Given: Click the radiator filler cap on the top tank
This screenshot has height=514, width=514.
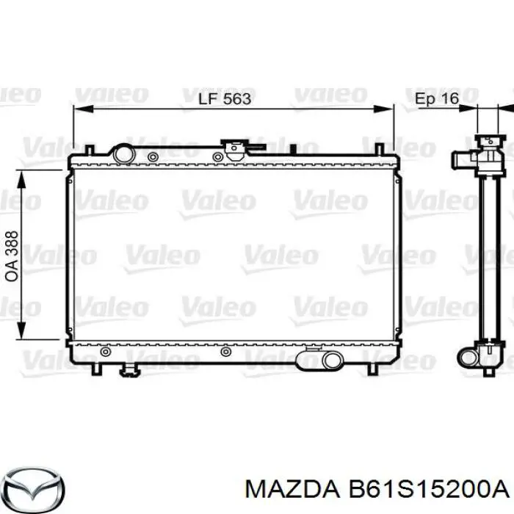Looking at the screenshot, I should [237, 150].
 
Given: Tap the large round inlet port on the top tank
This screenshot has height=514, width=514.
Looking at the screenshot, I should [122, 154].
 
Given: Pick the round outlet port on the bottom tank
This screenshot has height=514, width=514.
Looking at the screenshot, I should [331, 360].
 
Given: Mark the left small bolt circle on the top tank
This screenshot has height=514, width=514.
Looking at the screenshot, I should [152, 156].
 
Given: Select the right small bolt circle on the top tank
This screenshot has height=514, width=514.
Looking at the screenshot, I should [217, 156].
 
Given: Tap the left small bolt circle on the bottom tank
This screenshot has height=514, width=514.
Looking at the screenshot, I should [106, 352].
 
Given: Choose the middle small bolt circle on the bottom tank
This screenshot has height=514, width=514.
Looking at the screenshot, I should [225, 352].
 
